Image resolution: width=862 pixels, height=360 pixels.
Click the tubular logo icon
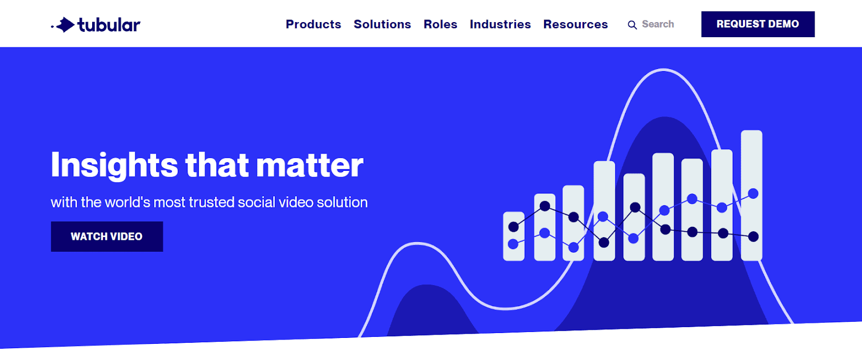tap(63, 25)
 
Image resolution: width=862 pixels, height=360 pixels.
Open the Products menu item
tap(313, 24)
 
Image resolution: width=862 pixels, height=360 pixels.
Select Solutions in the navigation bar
tap(382, 24)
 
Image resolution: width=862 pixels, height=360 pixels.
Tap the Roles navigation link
tap(440, 24)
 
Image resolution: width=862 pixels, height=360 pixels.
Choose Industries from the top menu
tap(500, 24)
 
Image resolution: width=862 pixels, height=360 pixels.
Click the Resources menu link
tap(575, 24)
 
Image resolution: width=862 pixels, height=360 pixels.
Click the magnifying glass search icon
tap(632, 25)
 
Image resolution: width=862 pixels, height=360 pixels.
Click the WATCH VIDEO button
tap(107, 237)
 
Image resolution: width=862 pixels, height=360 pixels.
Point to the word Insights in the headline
tap(114, 165)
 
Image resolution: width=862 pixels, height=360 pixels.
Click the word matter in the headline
tap(309, 165)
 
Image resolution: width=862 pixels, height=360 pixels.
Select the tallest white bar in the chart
tap(752, 196)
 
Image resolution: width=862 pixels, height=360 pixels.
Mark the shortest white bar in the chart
tap(514, 236)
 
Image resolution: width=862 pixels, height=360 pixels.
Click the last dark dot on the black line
tap(754, 237)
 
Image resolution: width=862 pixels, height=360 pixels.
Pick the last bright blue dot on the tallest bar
tap(753, 193)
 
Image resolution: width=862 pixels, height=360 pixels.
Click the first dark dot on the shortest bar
tap(513, 227)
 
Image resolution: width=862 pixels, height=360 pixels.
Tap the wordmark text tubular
tap(109, 25)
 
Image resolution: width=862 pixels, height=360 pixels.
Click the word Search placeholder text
tap(658, 24)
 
